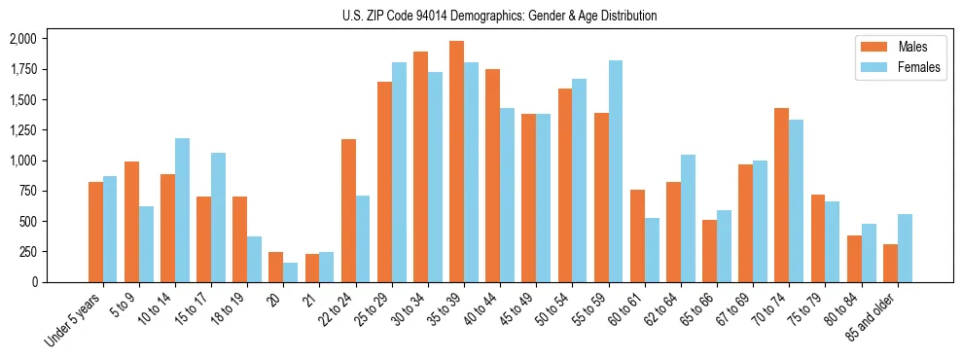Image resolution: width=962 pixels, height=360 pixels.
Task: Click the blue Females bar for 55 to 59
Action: click(616, 171)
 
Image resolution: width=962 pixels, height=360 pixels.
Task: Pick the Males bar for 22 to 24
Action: click(348, 210)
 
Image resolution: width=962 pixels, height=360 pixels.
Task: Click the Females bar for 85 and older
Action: click(905, 248)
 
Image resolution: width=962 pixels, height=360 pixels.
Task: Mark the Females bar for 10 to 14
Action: click(182, 210)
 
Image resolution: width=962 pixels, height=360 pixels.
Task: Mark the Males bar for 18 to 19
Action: click(239, 239)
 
